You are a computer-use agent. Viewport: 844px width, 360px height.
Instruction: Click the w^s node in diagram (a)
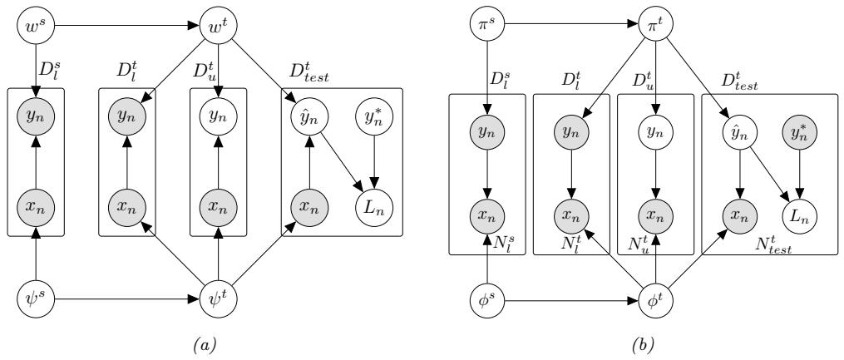tap(34, 17)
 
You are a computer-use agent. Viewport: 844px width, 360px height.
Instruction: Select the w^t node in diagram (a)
tap(218, 17)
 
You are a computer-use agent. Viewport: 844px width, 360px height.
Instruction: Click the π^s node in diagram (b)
tap(487, 17)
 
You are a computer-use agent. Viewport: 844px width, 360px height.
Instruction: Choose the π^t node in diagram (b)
tap(657, 17)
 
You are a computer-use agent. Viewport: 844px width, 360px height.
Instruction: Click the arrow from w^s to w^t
tap(125, 17)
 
